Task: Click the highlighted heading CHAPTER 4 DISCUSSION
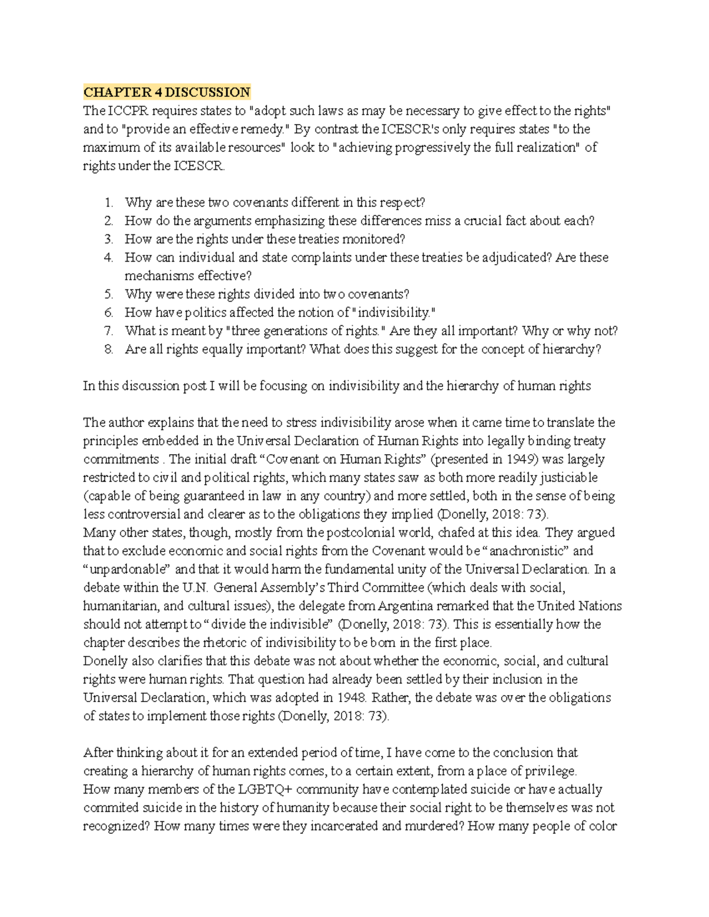coord(167,92)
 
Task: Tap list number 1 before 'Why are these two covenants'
coord(108,203)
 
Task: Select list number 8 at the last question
coord(108,349)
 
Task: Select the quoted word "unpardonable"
coord(127,569)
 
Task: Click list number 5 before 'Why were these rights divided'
coord(108,294)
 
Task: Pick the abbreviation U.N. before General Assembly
coord(195,588)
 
